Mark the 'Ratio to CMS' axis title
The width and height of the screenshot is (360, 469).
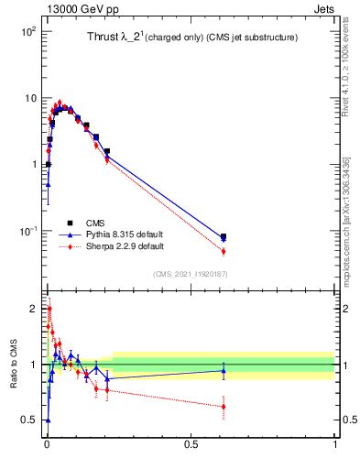point(13,365)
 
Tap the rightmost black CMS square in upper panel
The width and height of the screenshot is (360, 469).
point(224,237)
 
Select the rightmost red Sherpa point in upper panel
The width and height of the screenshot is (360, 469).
point(224,251)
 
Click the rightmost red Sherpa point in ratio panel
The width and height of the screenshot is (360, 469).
point(224,406)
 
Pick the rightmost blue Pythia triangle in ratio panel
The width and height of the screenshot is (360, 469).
point(224,370)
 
